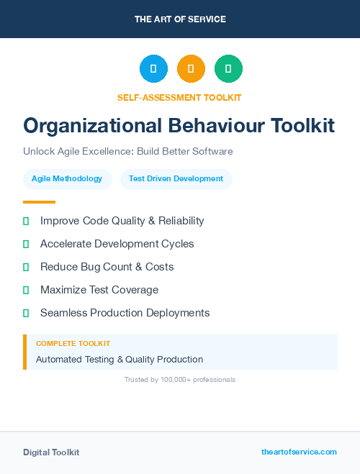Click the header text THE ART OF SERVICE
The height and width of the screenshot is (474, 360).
click(x=180, y=19)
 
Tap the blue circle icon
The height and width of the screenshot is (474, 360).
click(x=153, y=69)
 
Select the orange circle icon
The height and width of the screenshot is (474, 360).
click(x=191, y=69)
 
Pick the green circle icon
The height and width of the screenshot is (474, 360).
click(x=228, y=69)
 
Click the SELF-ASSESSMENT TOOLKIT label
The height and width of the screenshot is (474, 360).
click(x=179, y=97)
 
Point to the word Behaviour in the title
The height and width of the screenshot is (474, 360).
click(x=217, y=126)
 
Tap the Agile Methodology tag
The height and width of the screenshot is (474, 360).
click(x=67, y=178)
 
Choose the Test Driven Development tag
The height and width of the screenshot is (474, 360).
click(x=176, y=178)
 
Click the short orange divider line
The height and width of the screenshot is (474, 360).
click(x=39, y=202)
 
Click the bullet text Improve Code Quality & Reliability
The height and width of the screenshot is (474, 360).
click(x=122, y=221)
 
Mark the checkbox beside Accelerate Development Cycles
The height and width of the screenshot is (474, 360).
click(x=26, y=244)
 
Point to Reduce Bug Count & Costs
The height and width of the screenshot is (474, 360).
click(x=107, y=267)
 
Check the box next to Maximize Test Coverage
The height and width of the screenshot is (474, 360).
click(x=26, y=290)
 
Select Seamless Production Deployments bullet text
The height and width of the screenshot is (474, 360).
click(x=125, y=313)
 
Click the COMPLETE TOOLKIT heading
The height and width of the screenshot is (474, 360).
click(x=73, y=344)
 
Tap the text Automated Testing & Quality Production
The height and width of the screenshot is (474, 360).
click(x=120, y=359)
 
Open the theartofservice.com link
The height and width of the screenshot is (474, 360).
click(x=299, y=452)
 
